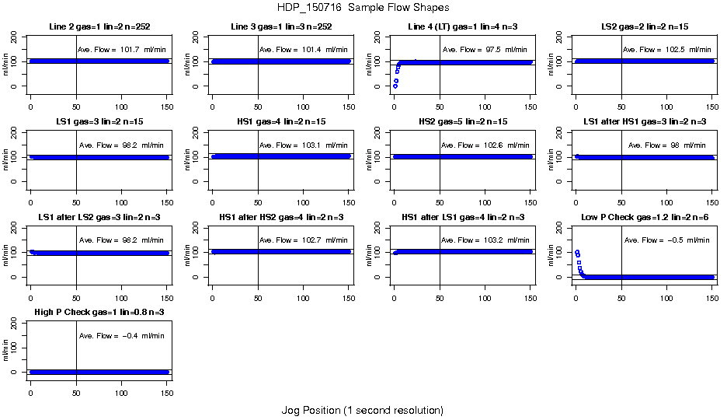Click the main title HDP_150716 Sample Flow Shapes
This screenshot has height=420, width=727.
(x=363, y=8)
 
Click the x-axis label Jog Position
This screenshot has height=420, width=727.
(x=363, y=410)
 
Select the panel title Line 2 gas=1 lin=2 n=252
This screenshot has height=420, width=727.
(x=99, y=28)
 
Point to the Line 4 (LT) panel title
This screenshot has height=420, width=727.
(x=463, y=28)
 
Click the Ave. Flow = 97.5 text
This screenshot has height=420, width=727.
(x=486, y=50)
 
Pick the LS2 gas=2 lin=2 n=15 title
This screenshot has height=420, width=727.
(x=644, y=28)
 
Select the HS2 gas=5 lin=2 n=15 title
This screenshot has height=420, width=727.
(x=463, y=123)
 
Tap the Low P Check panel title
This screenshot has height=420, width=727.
(x=644, y=218)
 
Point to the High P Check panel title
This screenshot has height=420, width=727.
(x=99, y=313)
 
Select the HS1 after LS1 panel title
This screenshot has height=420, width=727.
(x=463, y=218)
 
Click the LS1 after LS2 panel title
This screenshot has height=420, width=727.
(x=99, y=218)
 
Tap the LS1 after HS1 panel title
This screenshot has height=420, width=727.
(x=644, y=123)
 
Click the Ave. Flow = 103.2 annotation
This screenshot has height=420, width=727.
(x=486, y=240)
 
